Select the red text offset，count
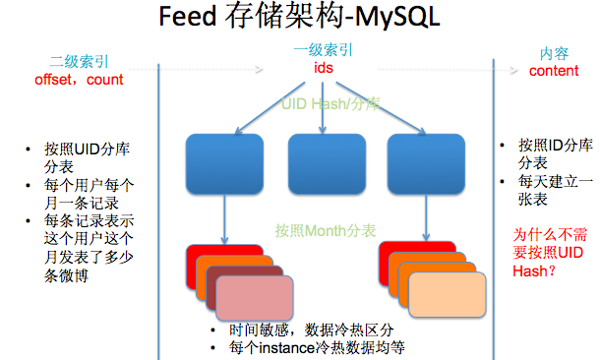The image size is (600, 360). (79, 79)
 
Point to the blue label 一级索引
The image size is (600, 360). (324, 49)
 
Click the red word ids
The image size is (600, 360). (324, 69)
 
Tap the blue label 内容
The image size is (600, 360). (554, 53)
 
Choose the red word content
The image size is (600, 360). (554, 71)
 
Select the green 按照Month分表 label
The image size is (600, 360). (325, 230)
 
